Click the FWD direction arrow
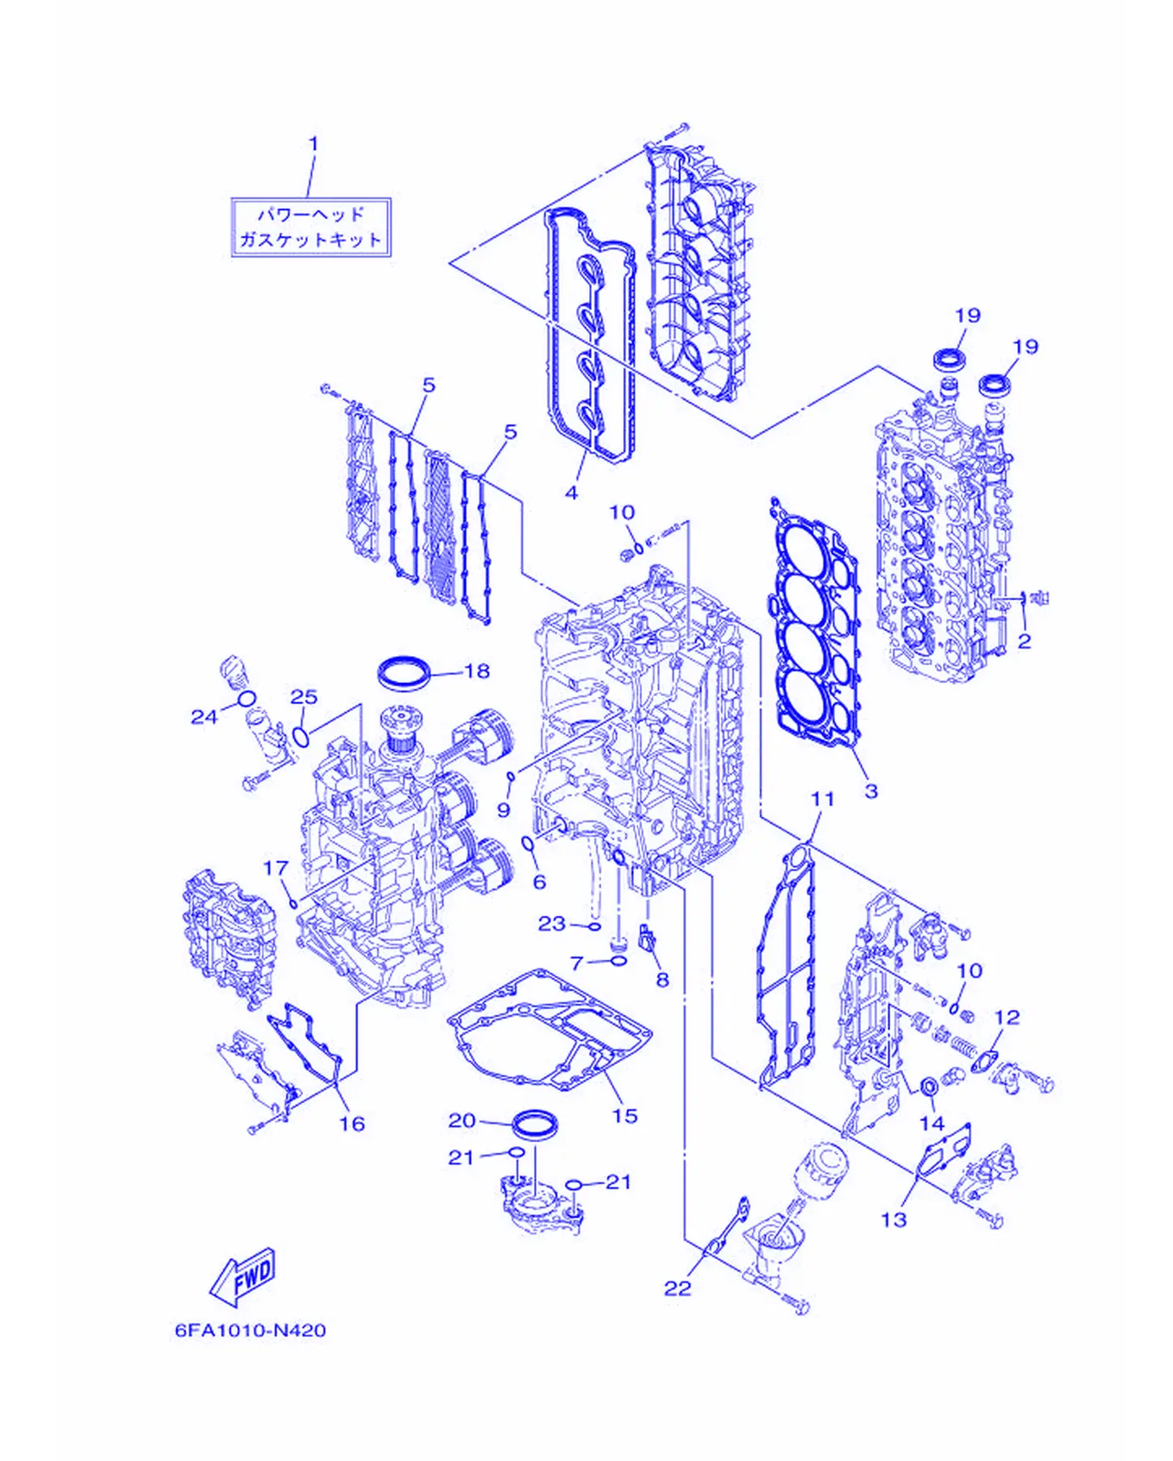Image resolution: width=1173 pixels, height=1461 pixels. (x=243, y=1276)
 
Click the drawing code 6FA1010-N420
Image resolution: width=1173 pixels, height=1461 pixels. (x=250, y=1331)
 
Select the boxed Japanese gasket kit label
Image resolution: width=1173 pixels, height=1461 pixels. (x=311, y=227)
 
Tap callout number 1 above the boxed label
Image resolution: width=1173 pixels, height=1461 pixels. (x=313, y=143)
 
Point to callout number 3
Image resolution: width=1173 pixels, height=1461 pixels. (x=871, y=790)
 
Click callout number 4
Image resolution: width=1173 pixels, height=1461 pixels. (x=571, y=492)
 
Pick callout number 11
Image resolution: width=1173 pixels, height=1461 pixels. (x=823, y=799)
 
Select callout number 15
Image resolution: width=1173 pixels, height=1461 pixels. (x=624, y=1116)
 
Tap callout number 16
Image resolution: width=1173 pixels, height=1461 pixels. (x=352, y=1123)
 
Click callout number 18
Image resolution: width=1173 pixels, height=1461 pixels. (x=477, y=670)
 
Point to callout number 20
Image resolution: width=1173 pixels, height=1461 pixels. (x=461, y=1119)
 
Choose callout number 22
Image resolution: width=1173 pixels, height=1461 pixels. (x=678, y=1288)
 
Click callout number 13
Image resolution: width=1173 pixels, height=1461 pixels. (x=894, y=1220)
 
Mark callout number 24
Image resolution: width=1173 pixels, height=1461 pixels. (x=204, y=717)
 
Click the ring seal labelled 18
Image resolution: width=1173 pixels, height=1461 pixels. (x=404, y=671)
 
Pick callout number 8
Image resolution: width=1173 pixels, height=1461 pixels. (x=662, y=979)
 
